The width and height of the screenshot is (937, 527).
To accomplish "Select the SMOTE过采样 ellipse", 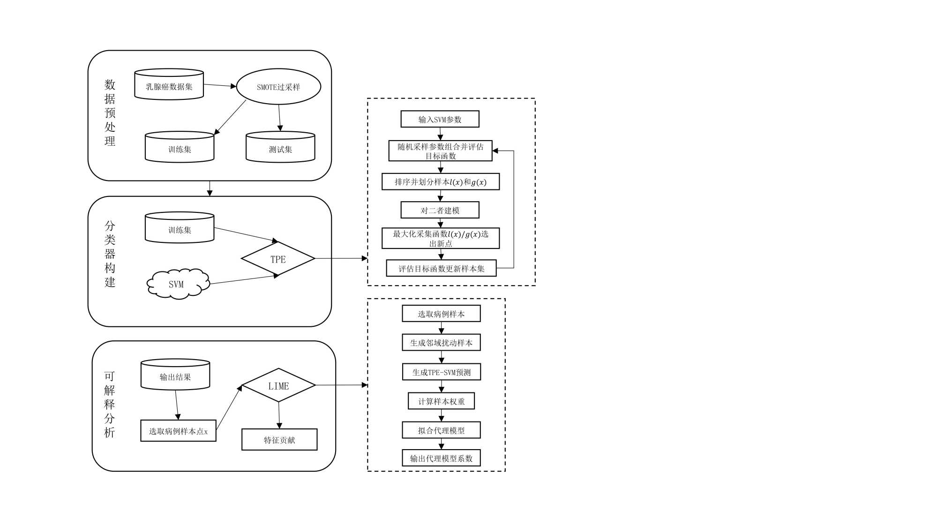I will tap(278, 87).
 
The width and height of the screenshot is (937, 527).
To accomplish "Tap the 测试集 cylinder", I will tap(280, 148).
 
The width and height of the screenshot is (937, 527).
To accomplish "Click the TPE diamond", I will tap(278, 259).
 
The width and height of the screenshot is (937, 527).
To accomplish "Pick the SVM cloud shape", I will tap(177, 284).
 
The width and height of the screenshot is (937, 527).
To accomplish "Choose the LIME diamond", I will tap(278, 385).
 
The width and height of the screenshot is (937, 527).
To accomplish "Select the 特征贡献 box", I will tap(279, 440).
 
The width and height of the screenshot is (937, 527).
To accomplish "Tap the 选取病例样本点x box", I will tap(178, 431).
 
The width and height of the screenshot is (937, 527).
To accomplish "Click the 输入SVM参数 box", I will tap(440, 119).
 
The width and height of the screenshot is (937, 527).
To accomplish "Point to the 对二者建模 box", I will tap(440, 210).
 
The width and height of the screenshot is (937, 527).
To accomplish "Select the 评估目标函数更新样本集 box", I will tap(441, 268).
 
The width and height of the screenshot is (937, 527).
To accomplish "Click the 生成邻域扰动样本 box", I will tap(441, 342).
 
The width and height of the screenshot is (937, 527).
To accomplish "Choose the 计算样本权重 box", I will tap(441, 401).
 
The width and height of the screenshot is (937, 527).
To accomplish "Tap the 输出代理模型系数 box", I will tap(441, 458).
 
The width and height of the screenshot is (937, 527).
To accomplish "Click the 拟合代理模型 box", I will tap(441, 430).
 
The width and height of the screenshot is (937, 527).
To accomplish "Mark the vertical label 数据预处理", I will tap(110, 113).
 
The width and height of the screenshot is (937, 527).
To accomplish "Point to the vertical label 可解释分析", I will tap(109, 404).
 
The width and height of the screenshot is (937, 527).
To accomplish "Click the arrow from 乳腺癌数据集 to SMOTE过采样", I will tap(219, 86).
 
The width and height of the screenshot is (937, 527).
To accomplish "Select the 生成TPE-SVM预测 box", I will tap(441, 372).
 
